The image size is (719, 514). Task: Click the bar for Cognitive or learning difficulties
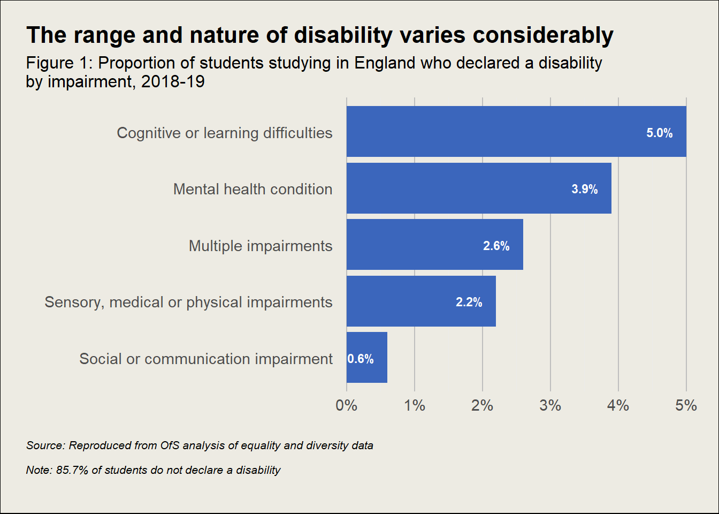[516, 132]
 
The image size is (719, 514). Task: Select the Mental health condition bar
[479, 188]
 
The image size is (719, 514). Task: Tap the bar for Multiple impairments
[434, 245]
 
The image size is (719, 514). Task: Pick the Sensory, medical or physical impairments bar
[421, 301]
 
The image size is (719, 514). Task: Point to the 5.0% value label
[659, 133]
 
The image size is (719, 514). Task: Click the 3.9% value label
[584, 190]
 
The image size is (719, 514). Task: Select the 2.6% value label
[496, 246]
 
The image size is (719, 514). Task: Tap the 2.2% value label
[469, 303]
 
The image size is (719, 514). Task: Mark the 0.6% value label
[361, 359]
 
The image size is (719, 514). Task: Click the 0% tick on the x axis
[347, 406]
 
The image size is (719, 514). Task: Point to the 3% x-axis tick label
[550, 406]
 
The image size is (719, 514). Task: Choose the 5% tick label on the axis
[686, 406]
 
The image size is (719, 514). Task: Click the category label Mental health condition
[253, 190]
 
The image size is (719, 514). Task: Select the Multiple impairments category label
[261, 246]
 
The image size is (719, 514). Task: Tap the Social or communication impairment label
[206, 359]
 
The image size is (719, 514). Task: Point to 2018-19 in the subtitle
[173, 82]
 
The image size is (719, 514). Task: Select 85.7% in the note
[72, 470]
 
